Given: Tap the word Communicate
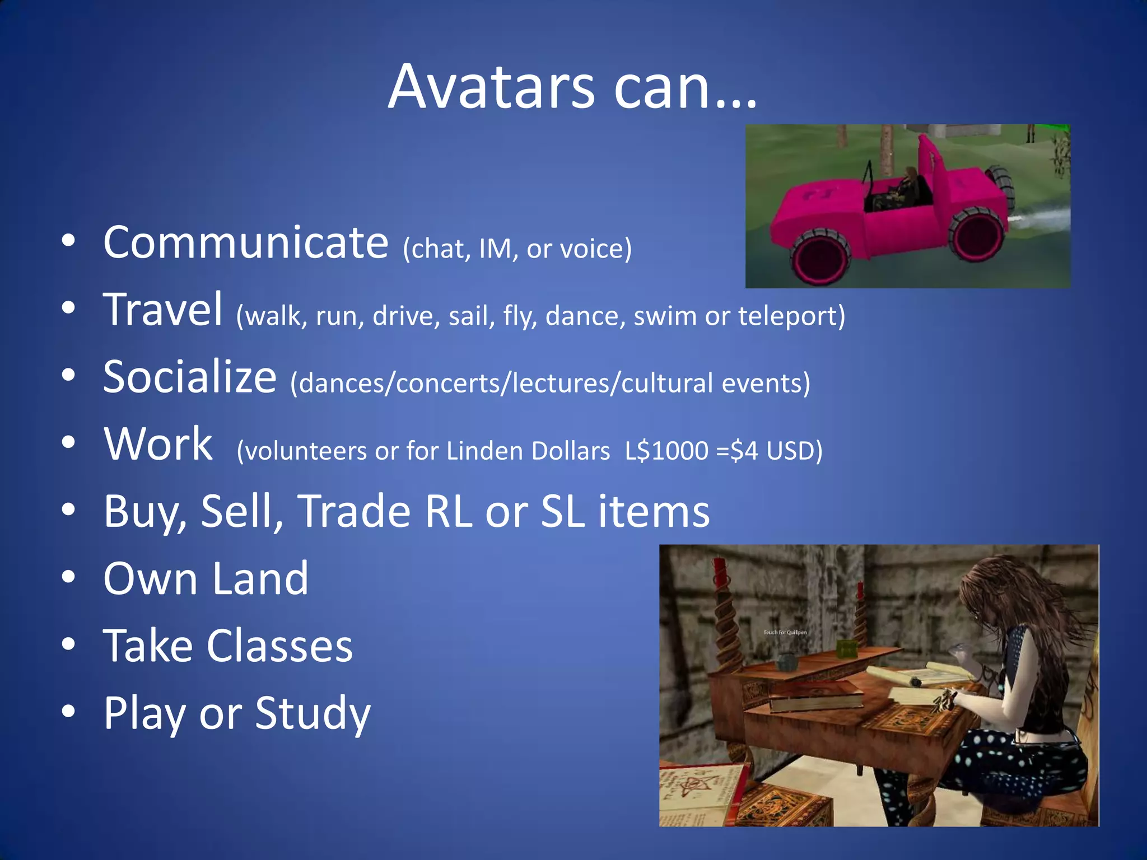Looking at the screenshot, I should tap(246, 242).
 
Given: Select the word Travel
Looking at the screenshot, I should tap(163, 310).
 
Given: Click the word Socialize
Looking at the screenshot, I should tap(190, 377).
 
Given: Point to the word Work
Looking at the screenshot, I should tap(158, 444).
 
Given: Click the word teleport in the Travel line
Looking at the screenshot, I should tap(787, 316).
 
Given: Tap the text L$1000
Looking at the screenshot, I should tap(666, 451).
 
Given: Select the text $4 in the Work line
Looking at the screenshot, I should tap(744, 451).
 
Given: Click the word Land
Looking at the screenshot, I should tap(260, 578).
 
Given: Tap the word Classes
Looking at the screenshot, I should tap(279, 646).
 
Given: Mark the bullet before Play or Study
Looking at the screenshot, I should tap(68, 712).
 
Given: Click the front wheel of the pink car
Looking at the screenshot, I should tap(820, 257).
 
